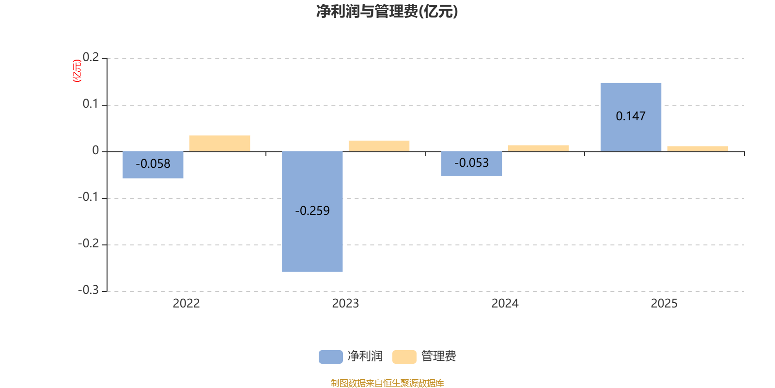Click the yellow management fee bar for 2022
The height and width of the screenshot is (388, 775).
tap(220, 143)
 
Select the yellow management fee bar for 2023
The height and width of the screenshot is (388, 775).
tap(379, 145)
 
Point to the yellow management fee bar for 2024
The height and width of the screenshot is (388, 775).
tap(538, 148)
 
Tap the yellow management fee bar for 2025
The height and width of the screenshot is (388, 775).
tap(697, 148)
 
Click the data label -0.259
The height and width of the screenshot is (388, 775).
tap(312, 211)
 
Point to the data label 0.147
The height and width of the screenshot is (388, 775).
tap(631, 116)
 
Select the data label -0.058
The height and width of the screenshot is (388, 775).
tap(153, 164)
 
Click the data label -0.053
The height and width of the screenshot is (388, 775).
tap(472, 163)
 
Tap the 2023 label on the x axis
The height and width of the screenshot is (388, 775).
tap(345, 304)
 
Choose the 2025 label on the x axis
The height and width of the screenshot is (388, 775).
tap(664, 304)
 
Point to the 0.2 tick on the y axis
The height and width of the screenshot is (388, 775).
tap(91, 58)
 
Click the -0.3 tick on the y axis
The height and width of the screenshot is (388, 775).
tap(88, 290)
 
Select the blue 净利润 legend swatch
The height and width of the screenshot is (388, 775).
tap(330, 356)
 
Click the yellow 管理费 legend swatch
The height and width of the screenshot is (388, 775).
tap(404, 356)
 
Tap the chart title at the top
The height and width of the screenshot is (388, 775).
tap(387, 11)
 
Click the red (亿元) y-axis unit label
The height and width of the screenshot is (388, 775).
tap(77, 71)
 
